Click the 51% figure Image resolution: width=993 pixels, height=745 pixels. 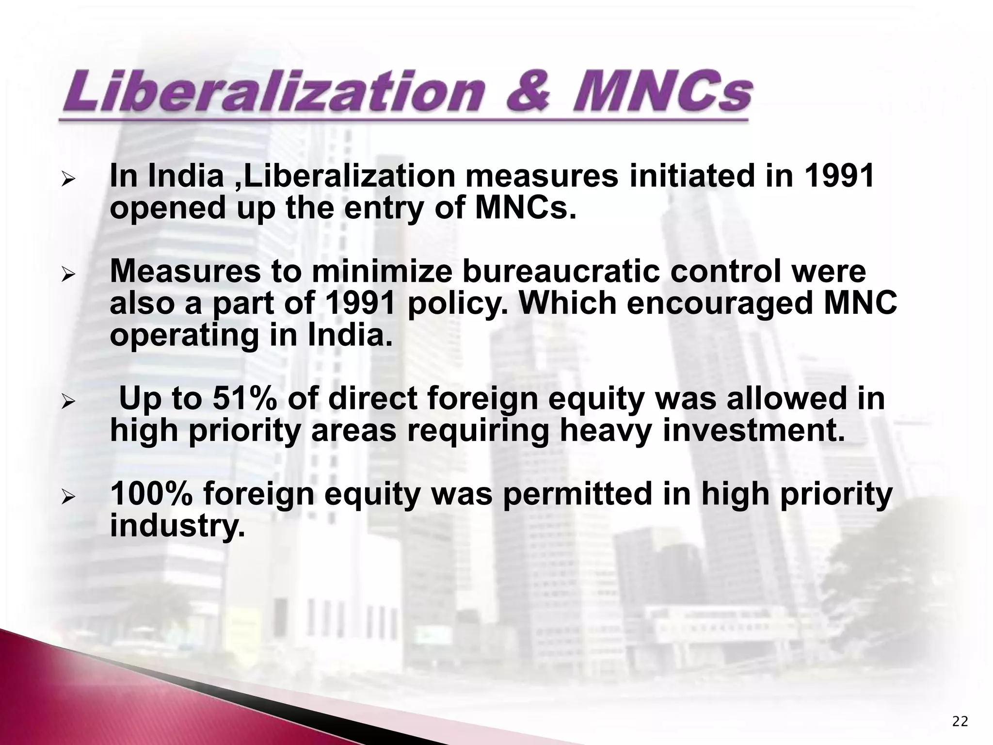pyautogui.click(x=245, y=399)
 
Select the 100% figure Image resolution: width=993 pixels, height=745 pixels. pyautogui.click(x=152, y=494)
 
